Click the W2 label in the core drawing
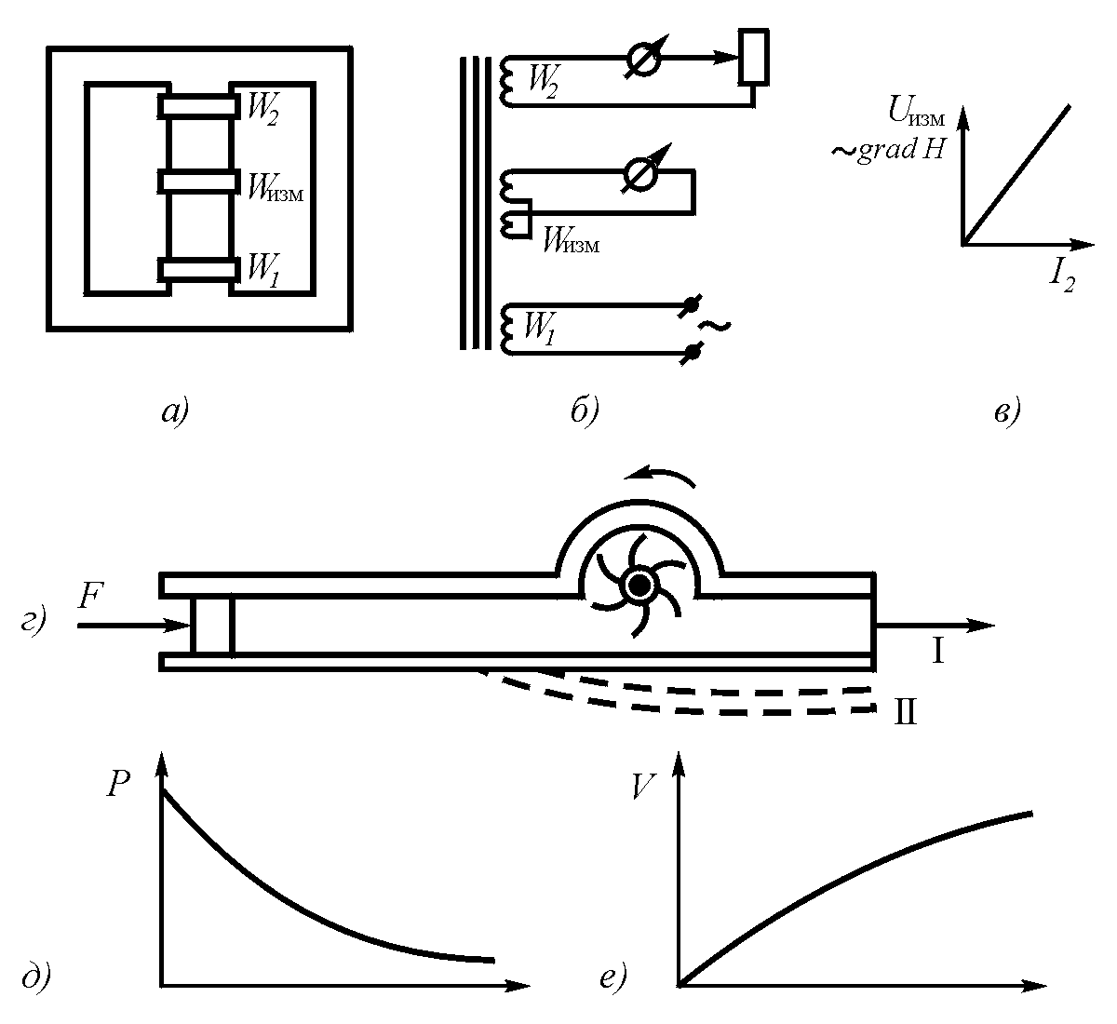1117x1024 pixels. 262,108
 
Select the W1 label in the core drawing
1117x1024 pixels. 260,270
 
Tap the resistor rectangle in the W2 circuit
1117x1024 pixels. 753,56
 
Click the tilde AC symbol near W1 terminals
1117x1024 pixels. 714,326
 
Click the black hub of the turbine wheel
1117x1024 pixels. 639,586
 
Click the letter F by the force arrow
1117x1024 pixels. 90,597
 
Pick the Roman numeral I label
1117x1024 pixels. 938,652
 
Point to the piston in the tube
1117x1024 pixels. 211,625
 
